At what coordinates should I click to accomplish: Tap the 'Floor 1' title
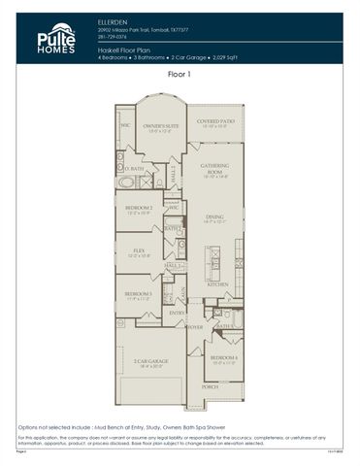pos(180,74)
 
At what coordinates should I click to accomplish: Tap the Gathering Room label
pos(213,168)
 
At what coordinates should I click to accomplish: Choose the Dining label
pos(213,219)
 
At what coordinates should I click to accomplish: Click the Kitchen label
pos(216,284)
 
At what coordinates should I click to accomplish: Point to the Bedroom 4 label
pos(223,359)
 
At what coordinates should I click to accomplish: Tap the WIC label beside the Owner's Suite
pos(125,125)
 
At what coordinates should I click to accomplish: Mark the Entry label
pos(176,313)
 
